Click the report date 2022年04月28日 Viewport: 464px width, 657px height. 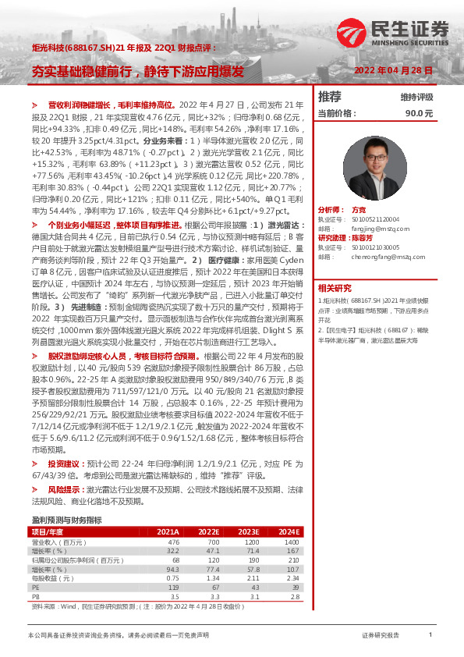(392, 70)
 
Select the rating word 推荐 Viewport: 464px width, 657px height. (330, 97)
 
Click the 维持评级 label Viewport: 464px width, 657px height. (416, 98)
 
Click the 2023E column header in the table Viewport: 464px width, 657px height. (249, 531)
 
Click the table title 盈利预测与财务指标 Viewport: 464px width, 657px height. (66, 519)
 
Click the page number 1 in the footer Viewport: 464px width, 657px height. (430, 636)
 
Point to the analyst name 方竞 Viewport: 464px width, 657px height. (358, 211)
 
